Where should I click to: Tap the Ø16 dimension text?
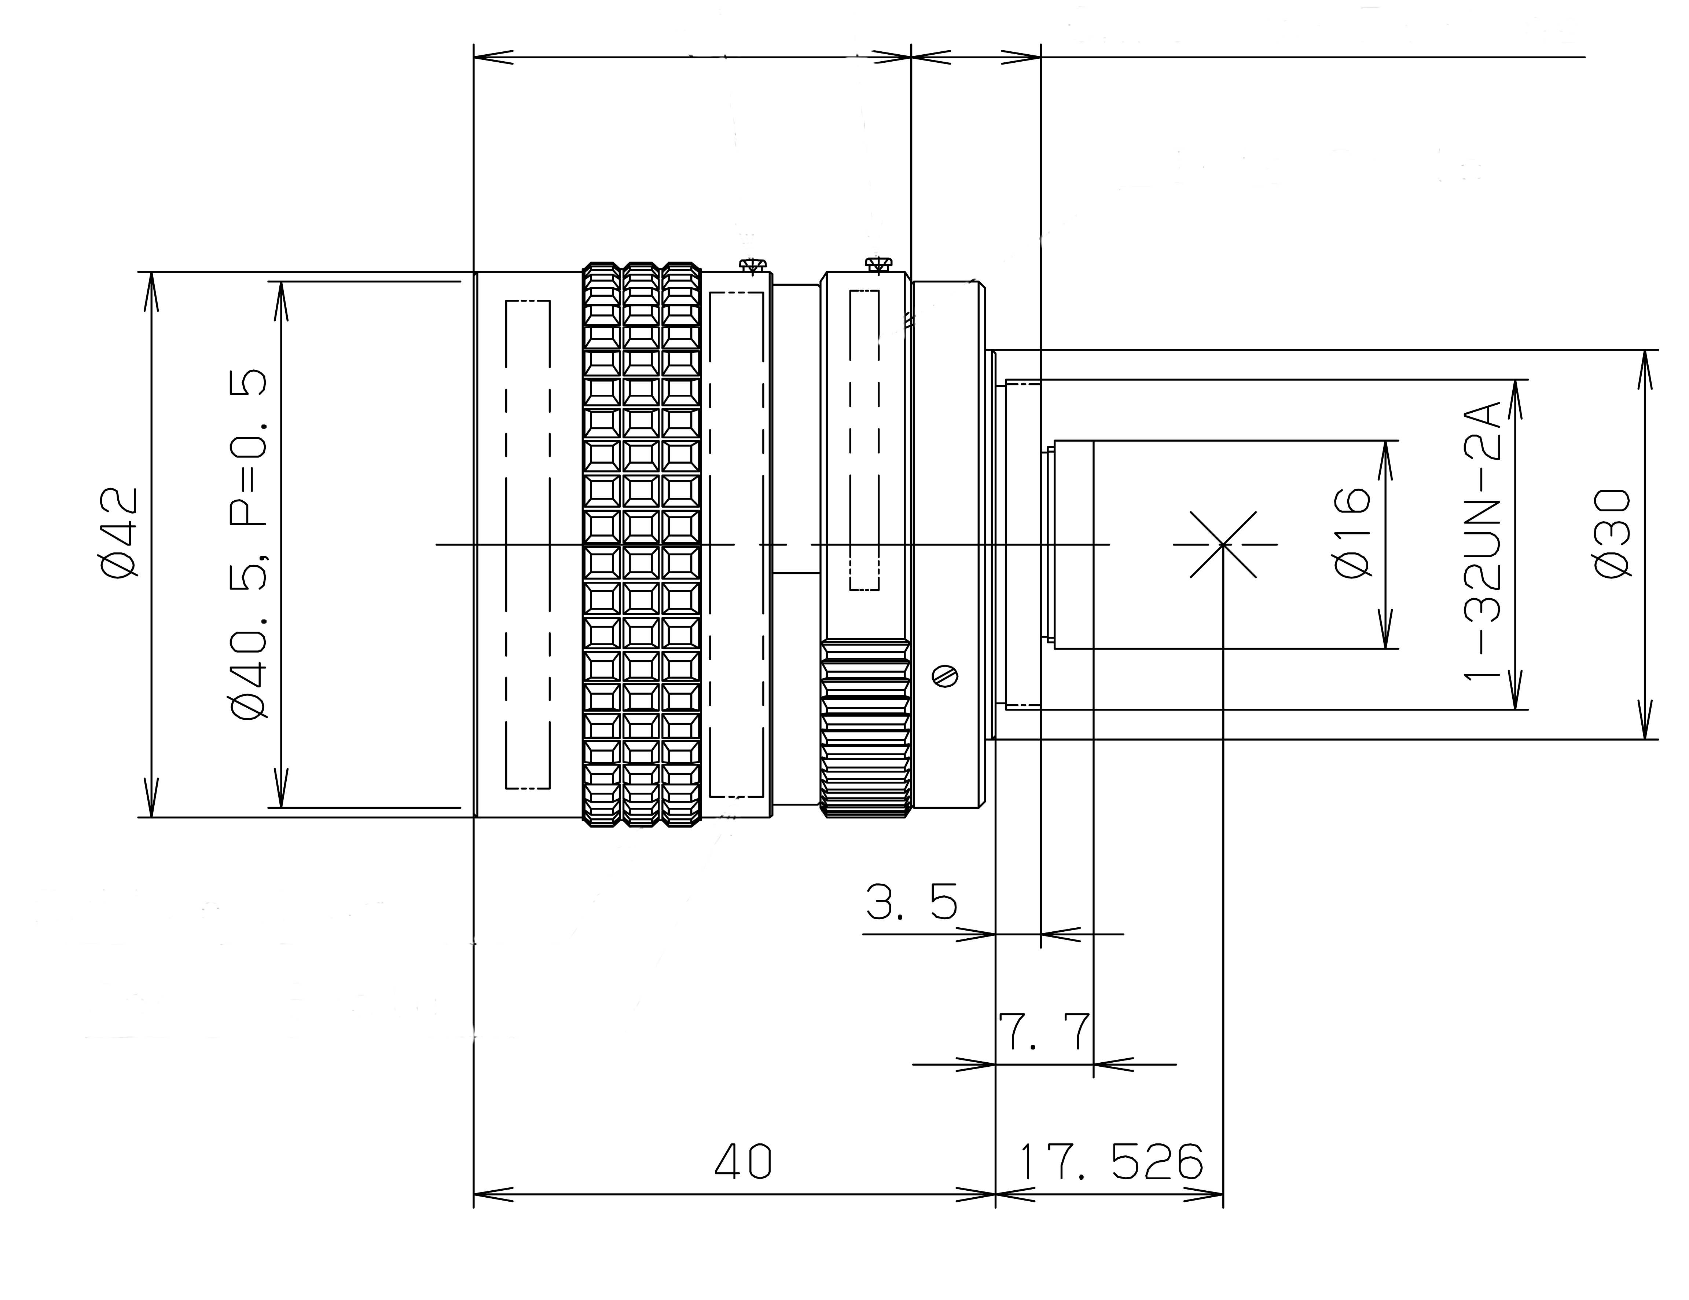coord(1352,532)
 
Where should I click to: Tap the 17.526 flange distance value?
coord(1111,1161)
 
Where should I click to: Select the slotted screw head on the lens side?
coord(945,676)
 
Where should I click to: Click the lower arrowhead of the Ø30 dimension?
coord(1645,720)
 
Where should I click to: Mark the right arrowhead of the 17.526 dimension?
coord(1203,1194)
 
